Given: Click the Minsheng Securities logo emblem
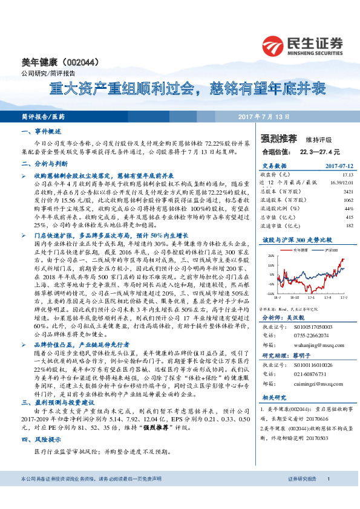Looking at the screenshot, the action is [273, 45].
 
